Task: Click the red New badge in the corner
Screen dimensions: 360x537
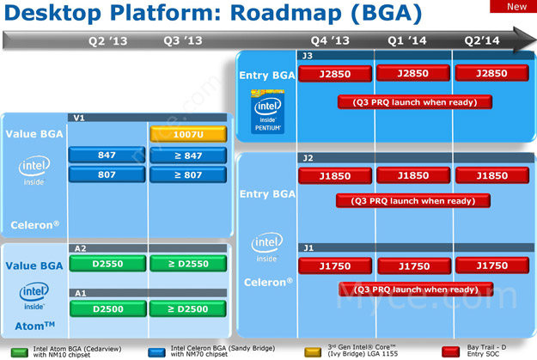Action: tap(516, 7)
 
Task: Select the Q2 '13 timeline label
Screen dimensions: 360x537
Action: tap(108, 40)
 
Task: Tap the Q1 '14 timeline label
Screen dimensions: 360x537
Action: tap(408, 40)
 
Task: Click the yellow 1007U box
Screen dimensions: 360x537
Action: tap(187, 133)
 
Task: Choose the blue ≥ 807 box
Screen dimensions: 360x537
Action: tap(187, 174)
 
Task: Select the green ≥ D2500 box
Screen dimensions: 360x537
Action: tap(187, 308)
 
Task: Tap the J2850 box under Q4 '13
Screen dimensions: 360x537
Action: tap(334, 74)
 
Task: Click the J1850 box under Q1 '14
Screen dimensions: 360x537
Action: tap(413, 175)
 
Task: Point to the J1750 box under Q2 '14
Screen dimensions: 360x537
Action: tap(491, 265)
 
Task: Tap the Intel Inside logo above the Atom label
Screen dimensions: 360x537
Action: tap(34, 295)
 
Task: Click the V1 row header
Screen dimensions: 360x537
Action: tap(80, 118)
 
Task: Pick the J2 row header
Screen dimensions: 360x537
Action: tap(307, 158)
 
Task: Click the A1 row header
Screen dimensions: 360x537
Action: tap(80, 292)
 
